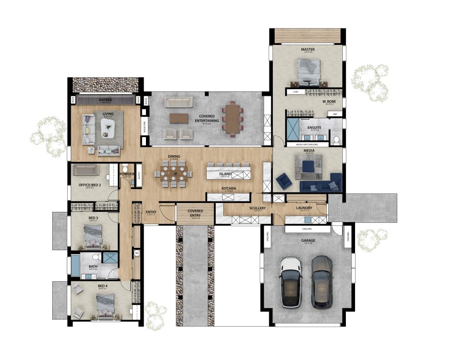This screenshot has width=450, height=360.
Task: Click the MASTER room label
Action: click(x=308, y=50)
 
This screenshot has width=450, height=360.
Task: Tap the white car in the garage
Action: click(x=291, y=281)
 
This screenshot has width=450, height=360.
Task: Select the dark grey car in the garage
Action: click(x=322, y=281)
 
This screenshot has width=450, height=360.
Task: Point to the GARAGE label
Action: click(x=308, y=240)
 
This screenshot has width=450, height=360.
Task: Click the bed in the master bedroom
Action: click(x=309, y=72)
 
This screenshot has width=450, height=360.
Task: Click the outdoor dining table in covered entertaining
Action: click(x=232, y=118)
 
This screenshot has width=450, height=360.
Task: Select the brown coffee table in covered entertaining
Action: click(x=179, y=118)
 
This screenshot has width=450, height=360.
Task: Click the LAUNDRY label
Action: click(x=304, y=208)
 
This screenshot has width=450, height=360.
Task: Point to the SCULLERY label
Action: click(x=258, y=208)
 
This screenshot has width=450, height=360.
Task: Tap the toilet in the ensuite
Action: click(x=336, y=140)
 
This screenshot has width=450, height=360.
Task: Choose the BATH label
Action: click(x=93, y=266)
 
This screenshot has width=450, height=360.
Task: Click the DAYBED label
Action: click(x=105, y=100)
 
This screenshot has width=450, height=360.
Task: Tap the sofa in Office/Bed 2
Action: click(x=86, y=170)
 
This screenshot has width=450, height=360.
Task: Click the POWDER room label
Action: click(x=127, y=174)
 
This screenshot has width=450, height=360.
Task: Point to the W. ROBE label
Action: click(x=329, y=102)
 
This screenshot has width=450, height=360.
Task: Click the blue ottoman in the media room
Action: click(x=308, y=166)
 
